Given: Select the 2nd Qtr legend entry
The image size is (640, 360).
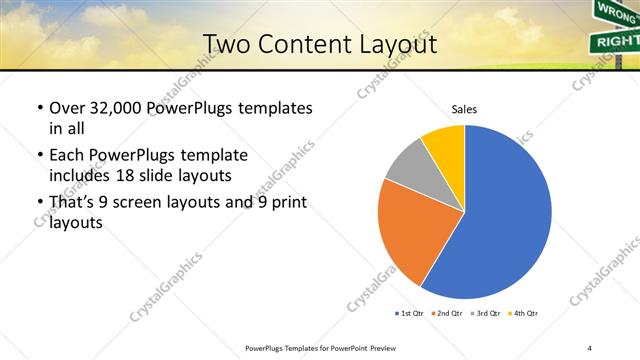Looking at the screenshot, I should point(448,314).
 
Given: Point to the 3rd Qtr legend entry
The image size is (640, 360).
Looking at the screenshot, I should point(487,314).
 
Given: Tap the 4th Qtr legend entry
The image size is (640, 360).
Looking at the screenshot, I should point(525,314).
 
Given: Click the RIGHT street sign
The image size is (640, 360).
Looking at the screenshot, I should point(615,41).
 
